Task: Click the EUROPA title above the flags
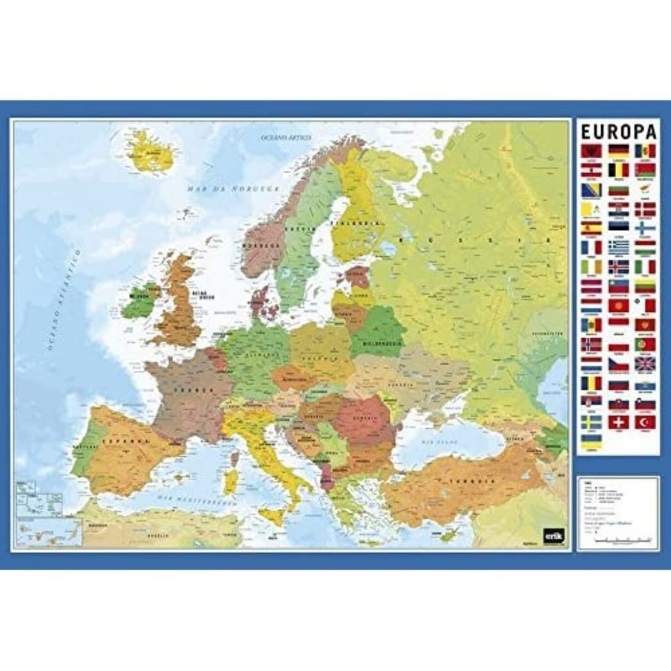618,130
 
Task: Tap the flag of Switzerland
618,422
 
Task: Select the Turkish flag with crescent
645,422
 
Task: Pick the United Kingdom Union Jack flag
645,364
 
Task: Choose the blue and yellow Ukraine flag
591,442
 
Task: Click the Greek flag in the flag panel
618,248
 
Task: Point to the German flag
618,151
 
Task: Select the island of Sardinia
230,481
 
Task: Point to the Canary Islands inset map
49,531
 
